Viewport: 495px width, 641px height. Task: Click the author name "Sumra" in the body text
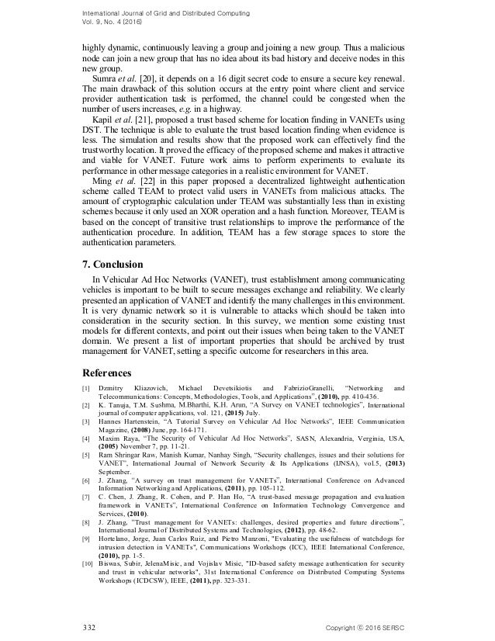pyautogui.click(x=105, y=78)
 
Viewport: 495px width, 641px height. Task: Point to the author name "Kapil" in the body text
pyautogui.click(x=103, y=123)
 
